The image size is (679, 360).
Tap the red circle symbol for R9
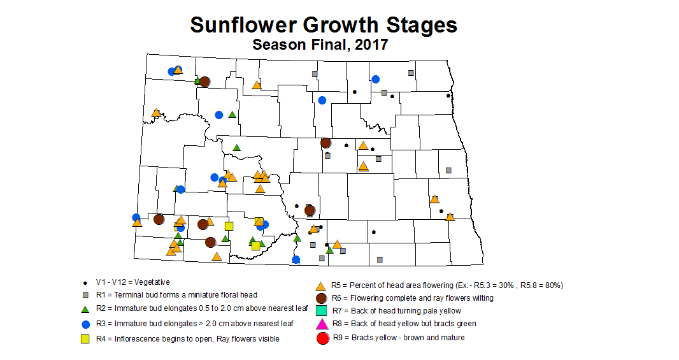click(x=322, y=338)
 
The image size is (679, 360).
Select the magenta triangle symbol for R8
click(x=322, y=324)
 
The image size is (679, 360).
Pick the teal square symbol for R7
click(x=322, y=310)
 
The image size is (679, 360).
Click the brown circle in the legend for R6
click(x=322, y=298)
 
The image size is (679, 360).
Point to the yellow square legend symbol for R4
click(x=85, y=338)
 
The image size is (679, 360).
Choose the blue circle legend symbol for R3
click(x=85, y=323)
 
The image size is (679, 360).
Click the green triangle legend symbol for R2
click(x=85, y=309)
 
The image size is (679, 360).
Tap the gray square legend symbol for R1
click(x=85, y=296)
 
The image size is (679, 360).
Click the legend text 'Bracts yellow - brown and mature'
click(x=408, y=338)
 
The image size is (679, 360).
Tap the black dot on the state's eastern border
click(x=448, y=96)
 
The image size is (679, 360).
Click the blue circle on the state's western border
click(x=136, y=217)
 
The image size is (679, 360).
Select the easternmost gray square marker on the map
click(x=448, y=170)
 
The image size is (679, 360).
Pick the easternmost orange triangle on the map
click(x=450, y=217)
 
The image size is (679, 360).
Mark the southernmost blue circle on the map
click(x=296, y=259)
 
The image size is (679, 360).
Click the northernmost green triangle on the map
click(x=198, y=81)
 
